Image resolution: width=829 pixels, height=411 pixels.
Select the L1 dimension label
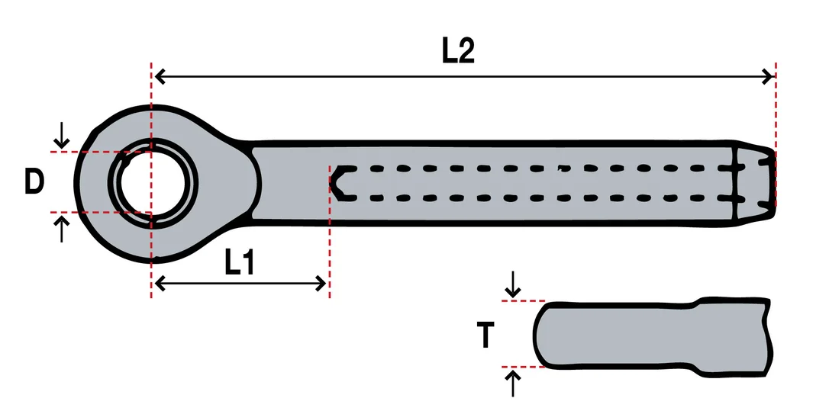click(x=240, y=262)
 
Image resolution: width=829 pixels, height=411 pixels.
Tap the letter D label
click(x=34, y=181)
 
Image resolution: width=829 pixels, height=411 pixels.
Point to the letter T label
click(x=485, y=336)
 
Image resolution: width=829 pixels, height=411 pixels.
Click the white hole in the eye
click(x=153, y=183)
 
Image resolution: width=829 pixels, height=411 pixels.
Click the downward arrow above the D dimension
click(x=62, y=135)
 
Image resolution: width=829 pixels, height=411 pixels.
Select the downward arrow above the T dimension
click(x=513, y=285)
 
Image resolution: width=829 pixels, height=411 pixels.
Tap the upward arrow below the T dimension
click(x=513, y=384)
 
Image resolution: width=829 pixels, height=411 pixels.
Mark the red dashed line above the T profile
click(x=524, y=300)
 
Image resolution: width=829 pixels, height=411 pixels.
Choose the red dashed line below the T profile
click(x=524, y=367)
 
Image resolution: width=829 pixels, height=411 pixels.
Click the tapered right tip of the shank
click(x=755, y=183)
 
